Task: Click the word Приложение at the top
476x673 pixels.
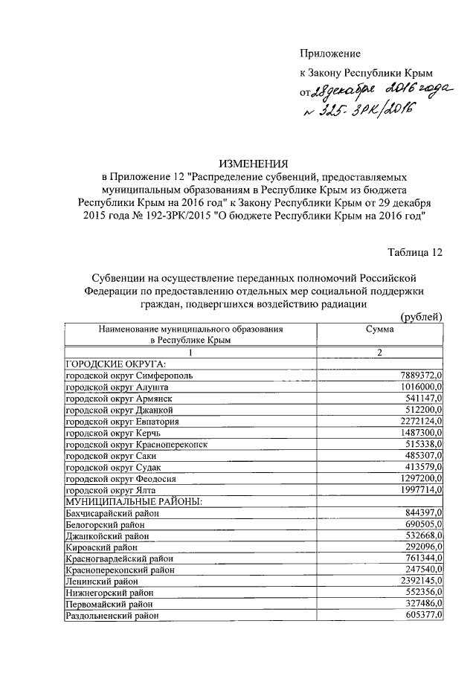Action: tap(329, 54)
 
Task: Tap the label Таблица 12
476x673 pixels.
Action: tap(415, 253)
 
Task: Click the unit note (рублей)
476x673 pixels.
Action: tap(421, 317)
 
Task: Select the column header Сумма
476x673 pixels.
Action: tap(379, 328)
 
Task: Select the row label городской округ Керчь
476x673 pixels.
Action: tap(112, 433)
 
